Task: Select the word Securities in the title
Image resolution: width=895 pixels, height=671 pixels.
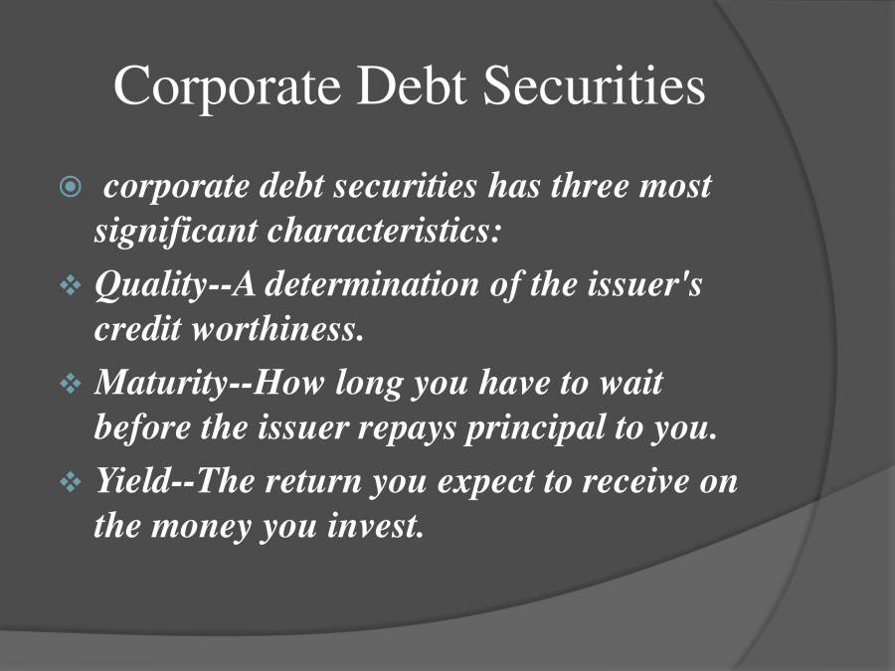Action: [595, 85]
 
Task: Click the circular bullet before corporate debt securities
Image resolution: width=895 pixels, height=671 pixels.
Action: [69, 187]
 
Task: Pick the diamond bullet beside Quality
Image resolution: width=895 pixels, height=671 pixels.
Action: [70, 286]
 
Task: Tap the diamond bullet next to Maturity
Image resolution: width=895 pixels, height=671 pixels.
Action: [70, 384]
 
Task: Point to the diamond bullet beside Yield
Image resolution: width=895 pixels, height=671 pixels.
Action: [70, 483]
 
